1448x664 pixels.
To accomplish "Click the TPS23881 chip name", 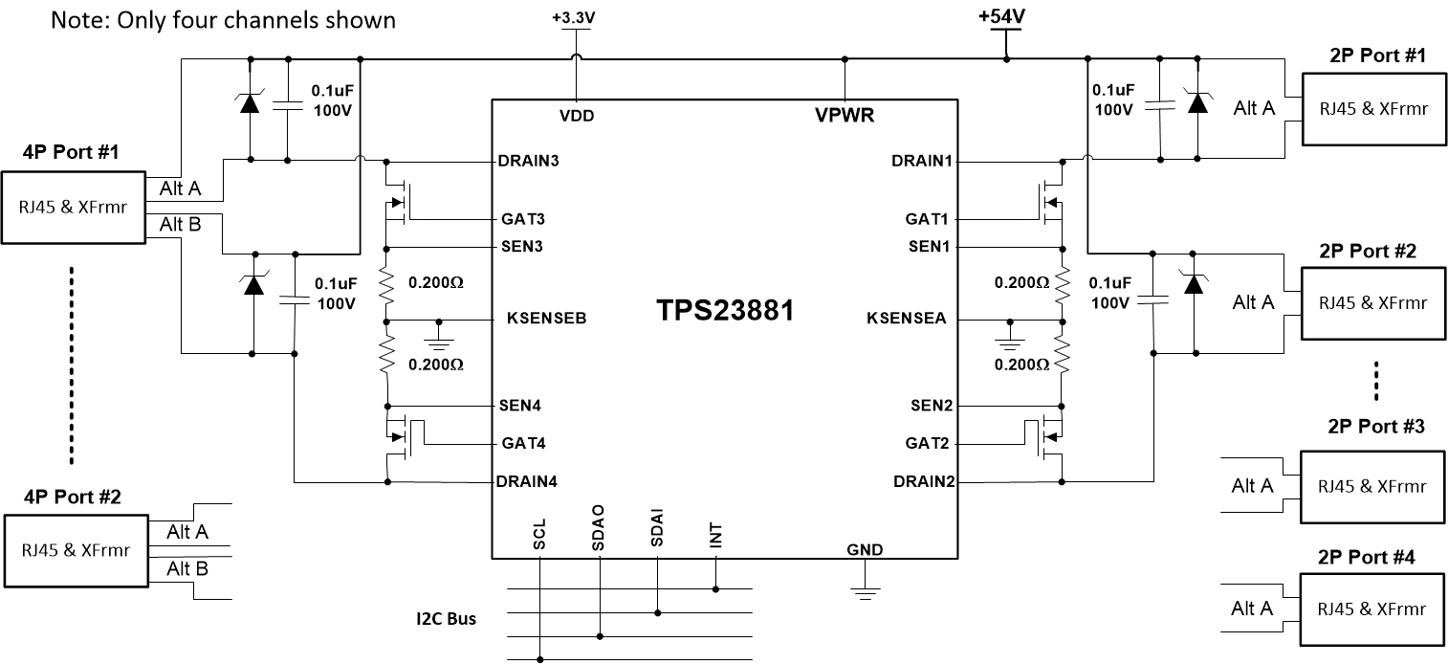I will [724, 312].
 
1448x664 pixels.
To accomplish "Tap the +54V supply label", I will [1000, 17].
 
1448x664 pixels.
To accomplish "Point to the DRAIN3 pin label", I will [528, 161].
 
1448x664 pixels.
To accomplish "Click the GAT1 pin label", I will [926, 219].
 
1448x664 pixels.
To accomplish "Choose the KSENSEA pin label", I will [906, 320].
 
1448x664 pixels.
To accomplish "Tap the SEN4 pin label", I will [520, 406].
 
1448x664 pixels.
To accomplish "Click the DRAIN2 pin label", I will [923, 481].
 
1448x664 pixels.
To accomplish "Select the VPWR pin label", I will [845, 116].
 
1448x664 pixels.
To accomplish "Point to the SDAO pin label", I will [599, 533].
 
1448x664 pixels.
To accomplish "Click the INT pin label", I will [715, 536].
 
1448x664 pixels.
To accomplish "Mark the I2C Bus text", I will [439, 619].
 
